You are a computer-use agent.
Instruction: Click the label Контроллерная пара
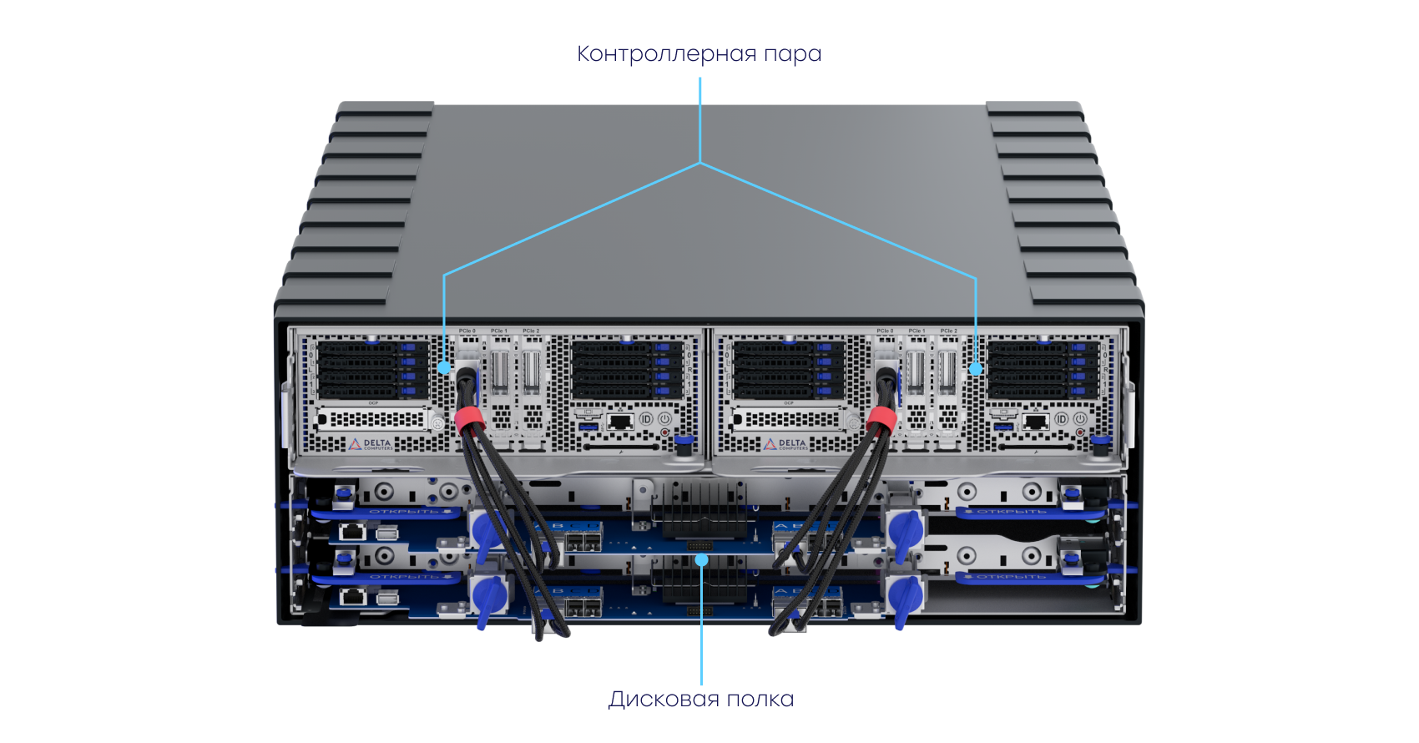(699, 53)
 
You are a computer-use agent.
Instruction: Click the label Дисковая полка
(701, 699)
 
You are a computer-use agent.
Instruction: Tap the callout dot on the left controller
(444, 366)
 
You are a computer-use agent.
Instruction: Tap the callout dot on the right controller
(975, 366)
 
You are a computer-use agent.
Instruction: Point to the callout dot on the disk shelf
(702, 557)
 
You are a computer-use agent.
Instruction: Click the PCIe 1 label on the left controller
(499, 331)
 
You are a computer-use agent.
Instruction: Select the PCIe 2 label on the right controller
(948, 331)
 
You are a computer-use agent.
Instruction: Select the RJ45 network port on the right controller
(1035, 422)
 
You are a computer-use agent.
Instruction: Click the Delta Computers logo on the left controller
(370, 445)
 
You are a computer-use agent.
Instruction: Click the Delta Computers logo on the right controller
(785, 445)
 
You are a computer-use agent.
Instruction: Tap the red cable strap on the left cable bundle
(470, 419)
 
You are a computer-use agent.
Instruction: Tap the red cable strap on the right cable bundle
(881, 418)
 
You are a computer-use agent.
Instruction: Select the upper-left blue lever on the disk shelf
(487, 530)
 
